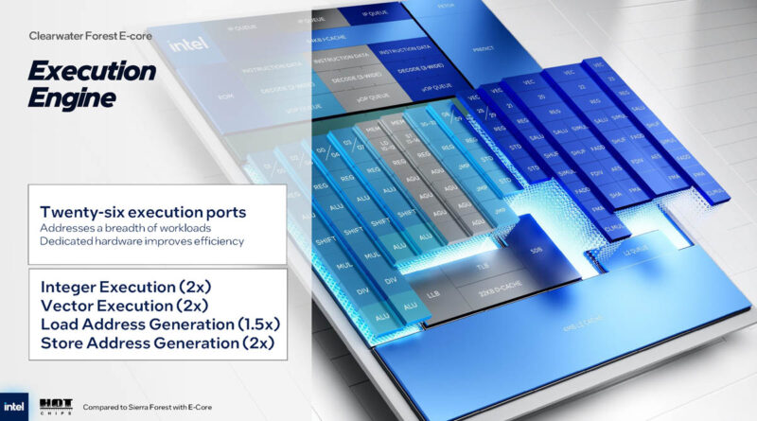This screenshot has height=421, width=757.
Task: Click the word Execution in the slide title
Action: pyautogui.click(x=91, y=72)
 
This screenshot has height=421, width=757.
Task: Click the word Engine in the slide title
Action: pyautogui.click(x=72, y=97)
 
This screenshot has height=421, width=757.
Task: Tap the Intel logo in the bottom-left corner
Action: pyautogui.click(x=17, y=401)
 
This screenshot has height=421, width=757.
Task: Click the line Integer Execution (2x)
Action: pyautogui.click(x=125, y=286)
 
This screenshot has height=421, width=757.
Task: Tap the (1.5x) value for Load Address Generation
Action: pyautogui.click(x=255, y=325)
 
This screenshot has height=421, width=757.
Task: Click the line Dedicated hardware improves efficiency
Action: pyautogui.click(x=142, y=242)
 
